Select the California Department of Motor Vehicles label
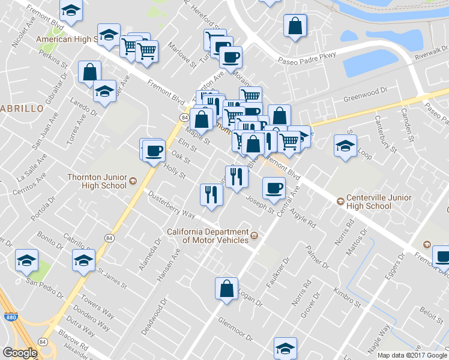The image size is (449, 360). [x=207, y=236]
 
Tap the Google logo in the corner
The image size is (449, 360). [x=19, y=353]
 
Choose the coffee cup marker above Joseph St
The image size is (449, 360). [x=274, y=188]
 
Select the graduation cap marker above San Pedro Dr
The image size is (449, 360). [x=26, y=260]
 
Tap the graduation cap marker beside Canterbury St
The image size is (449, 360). [x=345, y=146]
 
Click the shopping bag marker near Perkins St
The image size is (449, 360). [x=89, y=72]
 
